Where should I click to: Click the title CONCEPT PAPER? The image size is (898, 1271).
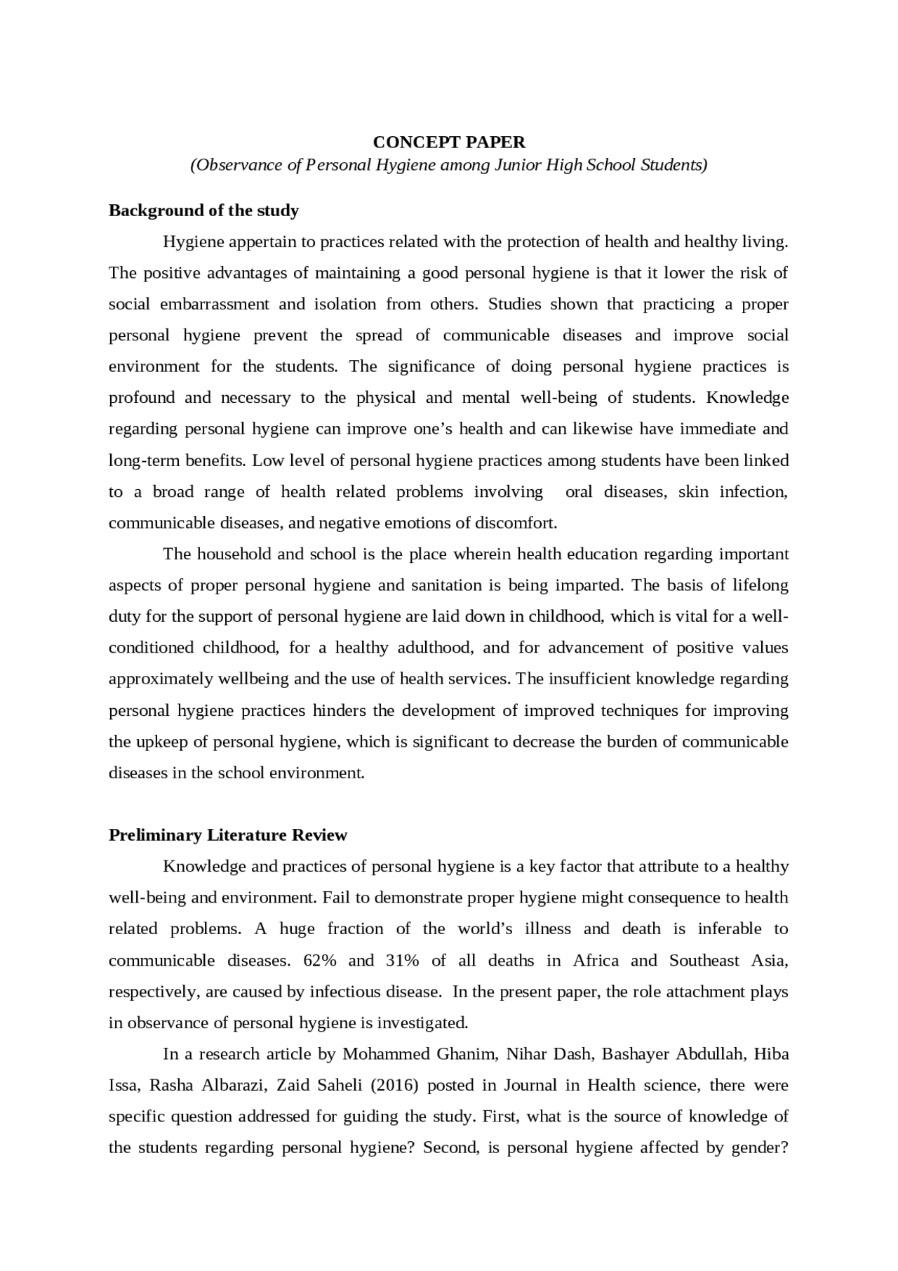click(449, 142)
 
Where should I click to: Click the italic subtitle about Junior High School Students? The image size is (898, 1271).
click(449, 165)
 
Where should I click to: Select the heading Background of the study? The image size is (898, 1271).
click(203, 211)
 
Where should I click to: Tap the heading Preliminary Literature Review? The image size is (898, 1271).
click(228, 835)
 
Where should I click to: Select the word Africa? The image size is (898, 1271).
click(596, 960)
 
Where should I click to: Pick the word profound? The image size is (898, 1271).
click(141, 398)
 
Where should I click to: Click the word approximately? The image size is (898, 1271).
click(161, 679)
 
